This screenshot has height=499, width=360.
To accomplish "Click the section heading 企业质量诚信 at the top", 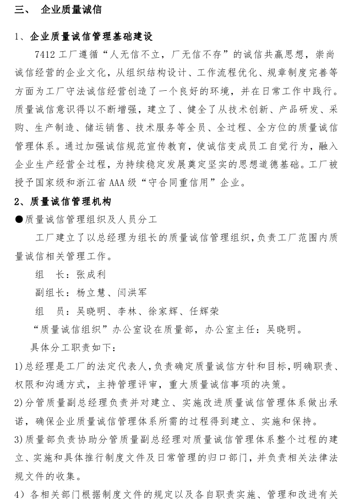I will coord(71,10).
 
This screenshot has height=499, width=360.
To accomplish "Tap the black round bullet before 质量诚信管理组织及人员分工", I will coord(19,220).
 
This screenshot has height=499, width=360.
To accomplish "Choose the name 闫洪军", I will coord(132,293).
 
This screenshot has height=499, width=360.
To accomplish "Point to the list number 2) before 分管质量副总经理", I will coord(19,403).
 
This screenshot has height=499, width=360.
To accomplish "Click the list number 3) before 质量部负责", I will coord(19,440).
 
